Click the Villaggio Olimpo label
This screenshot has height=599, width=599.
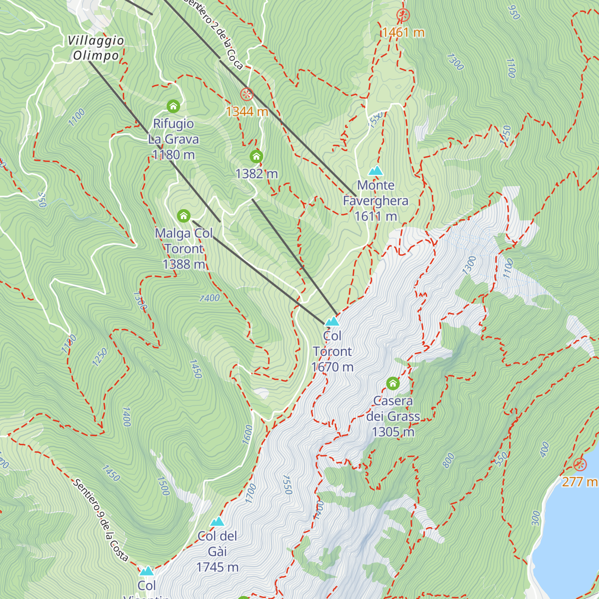click(96, 48)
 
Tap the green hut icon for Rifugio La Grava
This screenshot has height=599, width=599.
click(173, 106)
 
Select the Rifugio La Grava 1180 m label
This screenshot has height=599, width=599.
click(174, 139)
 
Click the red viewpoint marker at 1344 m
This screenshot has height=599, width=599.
click(247, 94)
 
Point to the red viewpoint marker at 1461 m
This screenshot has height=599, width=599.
click(403, 15)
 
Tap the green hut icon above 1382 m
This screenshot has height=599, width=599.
click(256, 157)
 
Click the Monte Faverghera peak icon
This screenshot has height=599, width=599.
click(375, 171)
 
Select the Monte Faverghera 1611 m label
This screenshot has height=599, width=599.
click(376, 201)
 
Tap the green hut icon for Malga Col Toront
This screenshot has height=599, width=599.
click(184, 216)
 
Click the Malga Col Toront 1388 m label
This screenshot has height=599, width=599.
click(184, 249)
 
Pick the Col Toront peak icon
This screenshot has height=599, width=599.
click(332, 321)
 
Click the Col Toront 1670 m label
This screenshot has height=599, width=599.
click(332, 351)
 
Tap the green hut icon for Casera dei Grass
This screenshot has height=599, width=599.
click(393, 383)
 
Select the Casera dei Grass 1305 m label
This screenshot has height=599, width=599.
click(393, 416)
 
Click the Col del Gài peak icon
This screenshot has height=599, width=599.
click(217, 522)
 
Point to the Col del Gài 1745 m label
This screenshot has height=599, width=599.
click(217, 552)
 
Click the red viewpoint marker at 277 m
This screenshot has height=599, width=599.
click(580, 465)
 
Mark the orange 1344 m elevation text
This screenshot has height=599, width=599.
click(247, 111)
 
